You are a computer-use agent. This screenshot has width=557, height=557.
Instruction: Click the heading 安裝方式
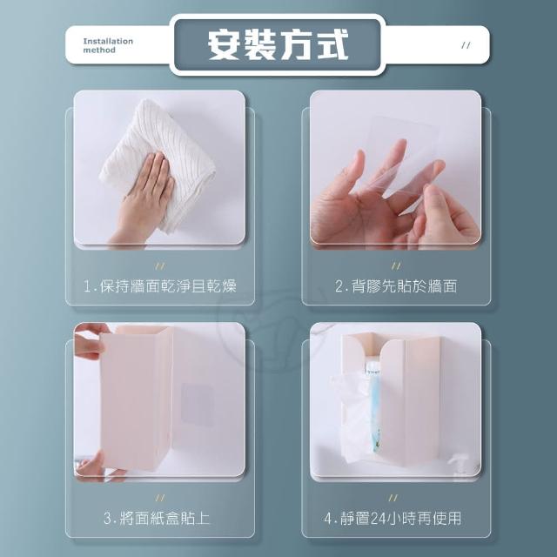tap(278, 44)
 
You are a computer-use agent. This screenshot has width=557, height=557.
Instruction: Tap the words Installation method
tap(108, 45)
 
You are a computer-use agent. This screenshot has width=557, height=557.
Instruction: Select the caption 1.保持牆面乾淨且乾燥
tap(160, 286)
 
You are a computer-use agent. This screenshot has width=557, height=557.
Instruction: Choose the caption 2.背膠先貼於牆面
tap(396, 286)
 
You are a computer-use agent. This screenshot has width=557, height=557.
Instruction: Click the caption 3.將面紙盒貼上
tap(157, 519)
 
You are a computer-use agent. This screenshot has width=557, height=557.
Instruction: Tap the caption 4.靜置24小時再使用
tap(393, 519)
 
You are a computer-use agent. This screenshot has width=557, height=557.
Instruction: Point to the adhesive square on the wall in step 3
tap(198, 404)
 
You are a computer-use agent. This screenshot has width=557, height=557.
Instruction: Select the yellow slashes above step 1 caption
tap(160, 266)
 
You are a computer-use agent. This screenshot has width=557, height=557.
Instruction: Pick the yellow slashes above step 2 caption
tap(396, 266)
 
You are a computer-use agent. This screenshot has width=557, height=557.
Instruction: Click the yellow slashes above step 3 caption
tap(160, 498)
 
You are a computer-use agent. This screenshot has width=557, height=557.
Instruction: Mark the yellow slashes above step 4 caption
tap(393, 498)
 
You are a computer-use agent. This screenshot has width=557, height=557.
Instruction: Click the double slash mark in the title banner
tap(466, 45)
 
